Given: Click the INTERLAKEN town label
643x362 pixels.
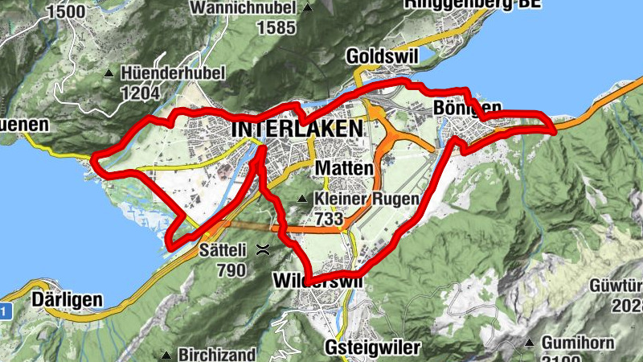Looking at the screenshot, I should (x=296, y=129).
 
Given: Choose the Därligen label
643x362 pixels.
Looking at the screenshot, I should (x=68, y=300).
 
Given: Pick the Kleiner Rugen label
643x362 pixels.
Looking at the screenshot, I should (x=367, y=199).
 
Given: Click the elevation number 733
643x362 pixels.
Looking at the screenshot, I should (x=330, y=218).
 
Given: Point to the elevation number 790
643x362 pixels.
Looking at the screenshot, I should (x=231, y=269).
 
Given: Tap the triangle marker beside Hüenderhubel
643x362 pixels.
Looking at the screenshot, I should (x=109, y=73).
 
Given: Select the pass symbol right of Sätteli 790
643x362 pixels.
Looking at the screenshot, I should (x=263, y=250).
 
